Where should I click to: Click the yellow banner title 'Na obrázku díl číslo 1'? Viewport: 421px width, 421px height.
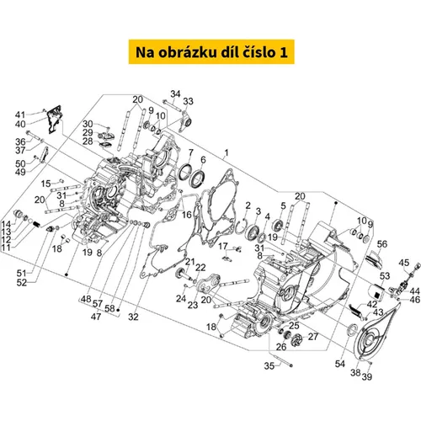[211, 52]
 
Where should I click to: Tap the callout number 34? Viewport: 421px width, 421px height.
[175, 93]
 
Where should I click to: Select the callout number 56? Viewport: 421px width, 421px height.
[382, 244]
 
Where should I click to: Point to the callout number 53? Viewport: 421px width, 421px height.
[385, 276]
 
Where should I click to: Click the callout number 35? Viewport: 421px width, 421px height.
[269, 366]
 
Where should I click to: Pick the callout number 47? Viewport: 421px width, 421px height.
[96, 317]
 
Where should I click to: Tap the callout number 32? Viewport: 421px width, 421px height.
[133, 317]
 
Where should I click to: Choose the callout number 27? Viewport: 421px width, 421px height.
[313, 337]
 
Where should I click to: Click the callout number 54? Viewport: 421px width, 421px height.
[340, 364]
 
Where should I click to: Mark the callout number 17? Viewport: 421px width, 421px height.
[223, 246]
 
